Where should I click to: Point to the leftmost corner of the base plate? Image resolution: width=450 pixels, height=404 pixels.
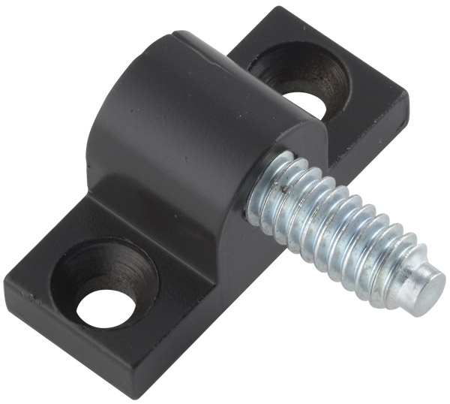click(5, 282)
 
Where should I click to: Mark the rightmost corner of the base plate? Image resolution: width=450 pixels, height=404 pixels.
click(408, 98)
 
